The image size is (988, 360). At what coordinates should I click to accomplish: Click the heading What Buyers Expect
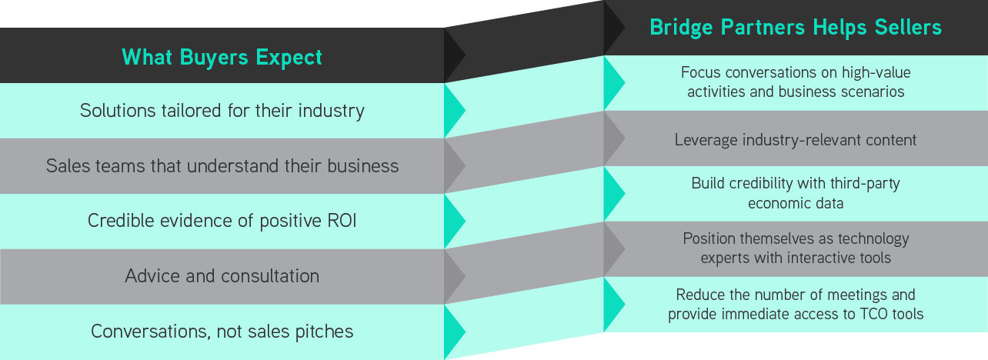[222, 57]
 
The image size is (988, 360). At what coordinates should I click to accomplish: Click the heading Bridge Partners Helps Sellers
[796, 28]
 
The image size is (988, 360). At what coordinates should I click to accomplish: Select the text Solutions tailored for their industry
[222, 110]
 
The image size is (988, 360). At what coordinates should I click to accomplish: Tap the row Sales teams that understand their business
[222, 165]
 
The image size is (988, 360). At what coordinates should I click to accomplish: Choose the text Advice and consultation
[222, 275]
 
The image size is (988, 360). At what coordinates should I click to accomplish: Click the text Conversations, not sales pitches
[222, 331]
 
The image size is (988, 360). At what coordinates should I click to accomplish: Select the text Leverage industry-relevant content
[796, 140]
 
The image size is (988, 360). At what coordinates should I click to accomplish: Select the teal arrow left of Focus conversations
[613, 82]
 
